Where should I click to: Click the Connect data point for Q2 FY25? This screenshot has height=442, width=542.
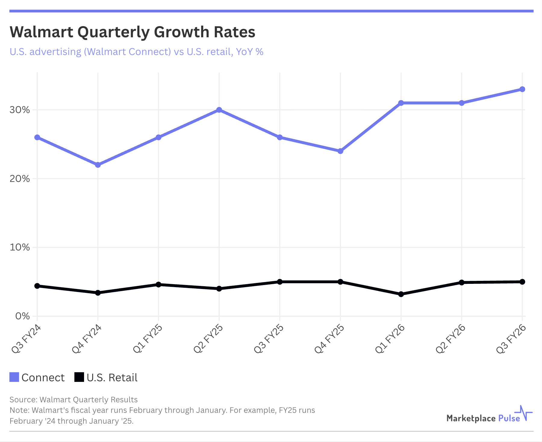[219, 110]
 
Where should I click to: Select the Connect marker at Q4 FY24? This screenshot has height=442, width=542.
[98, 165]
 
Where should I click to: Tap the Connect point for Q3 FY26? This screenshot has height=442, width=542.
[522, 89]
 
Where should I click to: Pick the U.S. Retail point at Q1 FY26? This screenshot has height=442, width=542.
[401, 294]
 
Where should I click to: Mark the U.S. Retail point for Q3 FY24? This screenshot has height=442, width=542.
[37, 286]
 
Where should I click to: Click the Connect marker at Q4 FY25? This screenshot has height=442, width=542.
[340, 151]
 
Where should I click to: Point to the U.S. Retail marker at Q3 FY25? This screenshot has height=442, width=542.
[280, 282]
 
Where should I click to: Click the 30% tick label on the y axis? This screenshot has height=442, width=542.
[20, 110]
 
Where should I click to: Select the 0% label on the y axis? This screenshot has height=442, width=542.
[22, 316]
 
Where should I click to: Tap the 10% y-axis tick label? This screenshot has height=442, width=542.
[20, 247]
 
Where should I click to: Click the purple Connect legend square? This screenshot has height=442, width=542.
[14, 377]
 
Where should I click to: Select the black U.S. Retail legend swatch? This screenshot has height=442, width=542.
[79, 377]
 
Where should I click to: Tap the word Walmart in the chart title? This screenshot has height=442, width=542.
[41, 32]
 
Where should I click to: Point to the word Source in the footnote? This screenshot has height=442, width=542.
[23, 400]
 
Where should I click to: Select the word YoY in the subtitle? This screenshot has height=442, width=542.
[244, 52]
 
